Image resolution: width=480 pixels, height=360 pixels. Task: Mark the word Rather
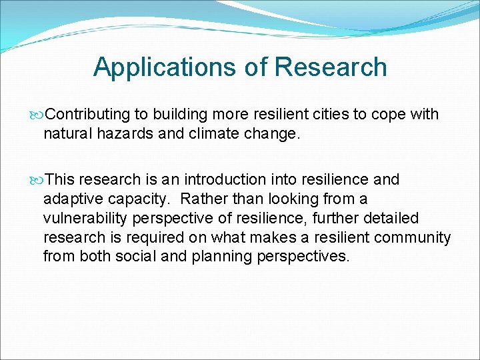pyautogui.click(x=203, y=199)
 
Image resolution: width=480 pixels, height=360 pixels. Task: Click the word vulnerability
pyautogui.click(x=83, y=219)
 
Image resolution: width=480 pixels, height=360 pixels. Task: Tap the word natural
pyautogui.click(x=67, y=133)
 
